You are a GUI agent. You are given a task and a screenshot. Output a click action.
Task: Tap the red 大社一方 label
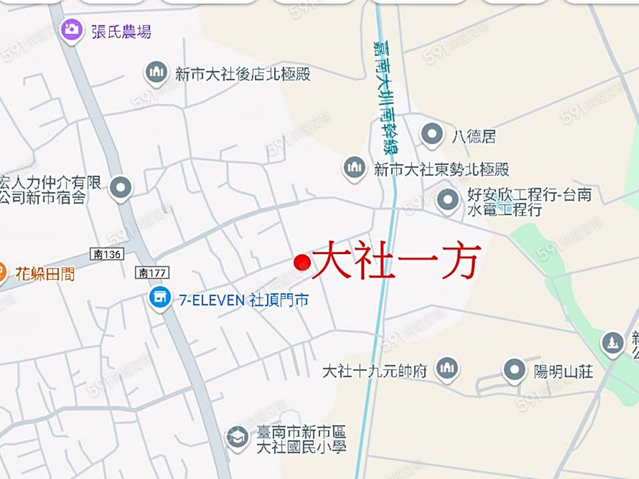click(397, 260)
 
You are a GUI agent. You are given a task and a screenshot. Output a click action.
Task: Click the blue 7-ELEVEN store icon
click(161, 299)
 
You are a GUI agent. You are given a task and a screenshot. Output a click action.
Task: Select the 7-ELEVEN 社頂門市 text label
click(244, 300)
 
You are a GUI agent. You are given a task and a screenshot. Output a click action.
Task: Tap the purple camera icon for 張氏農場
click(70, 30)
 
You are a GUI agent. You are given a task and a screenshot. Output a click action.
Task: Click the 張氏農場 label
click(121, 31)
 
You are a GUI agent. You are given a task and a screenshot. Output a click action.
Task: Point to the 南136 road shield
click(108, 253)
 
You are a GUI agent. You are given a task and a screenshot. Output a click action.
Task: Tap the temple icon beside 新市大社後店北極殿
click(156, 72)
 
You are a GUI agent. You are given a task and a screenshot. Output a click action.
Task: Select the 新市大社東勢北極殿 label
click(441, 170)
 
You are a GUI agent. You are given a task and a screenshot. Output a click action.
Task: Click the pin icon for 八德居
click(432, 133)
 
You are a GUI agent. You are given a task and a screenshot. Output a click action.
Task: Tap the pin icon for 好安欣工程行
click(447, 202)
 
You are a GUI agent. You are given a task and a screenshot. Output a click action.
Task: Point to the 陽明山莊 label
click(563, 370)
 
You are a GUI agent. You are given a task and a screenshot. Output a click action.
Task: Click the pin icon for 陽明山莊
click(514, 370)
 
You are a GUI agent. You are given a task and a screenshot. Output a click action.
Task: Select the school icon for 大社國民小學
click(236, 437)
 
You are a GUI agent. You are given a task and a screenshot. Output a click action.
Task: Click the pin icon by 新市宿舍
click(122, 188)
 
